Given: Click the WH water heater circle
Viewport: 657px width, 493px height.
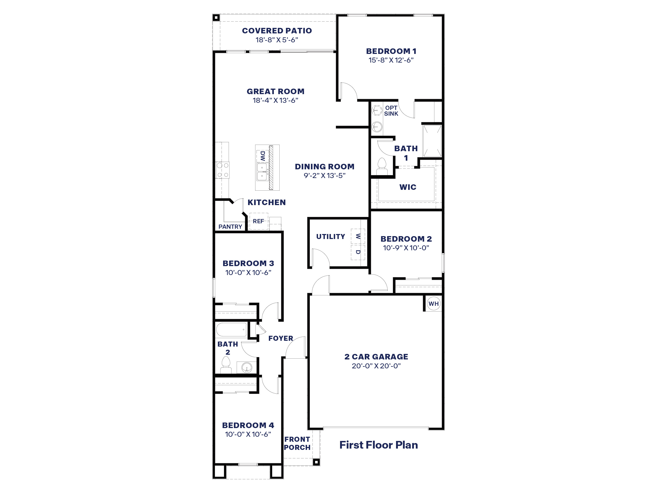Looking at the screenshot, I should point(433,304).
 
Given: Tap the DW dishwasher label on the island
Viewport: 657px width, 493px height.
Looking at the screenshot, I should point(263,156).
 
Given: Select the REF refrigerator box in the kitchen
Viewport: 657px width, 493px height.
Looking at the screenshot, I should point(258,221).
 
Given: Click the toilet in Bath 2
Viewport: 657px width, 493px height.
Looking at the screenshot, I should point(226,365).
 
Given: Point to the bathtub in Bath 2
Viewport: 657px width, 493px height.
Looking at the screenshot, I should point(231,329).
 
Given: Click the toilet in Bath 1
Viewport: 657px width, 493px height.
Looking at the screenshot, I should point(382,166).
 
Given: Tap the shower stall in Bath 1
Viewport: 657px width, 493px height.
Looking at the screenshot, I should point(432,141).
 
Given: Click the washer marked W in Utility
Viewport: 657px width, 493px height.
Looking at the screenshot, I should point(358,236).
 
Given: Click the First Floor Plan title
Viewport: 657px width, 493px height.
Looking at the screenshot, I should point(378,445).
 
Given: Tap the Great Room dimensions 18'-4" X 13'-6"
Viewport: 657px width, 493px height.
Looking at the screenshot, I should point(275,100).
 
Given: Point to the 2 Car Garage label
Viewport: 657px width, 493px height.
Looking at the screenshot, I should point(376,357).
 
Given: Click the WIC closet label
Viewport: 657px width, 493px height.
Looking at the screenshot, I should point(408,187).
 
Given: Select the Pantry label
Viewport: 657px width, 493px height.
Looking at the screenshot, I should point(230,227).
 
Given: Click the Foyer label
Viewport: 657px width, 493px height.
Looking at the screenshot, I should point(281,338).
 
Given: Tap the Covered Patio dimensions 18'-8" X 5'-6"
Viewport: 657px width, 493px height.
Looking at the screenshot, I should point(277,40).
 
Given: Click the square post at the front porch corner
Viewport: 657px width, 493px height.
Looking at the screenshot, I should point(316,462).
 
